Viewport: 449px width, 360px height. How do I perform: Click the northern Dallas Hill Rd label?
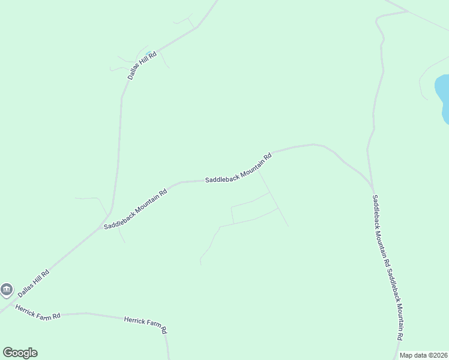pos(142,65)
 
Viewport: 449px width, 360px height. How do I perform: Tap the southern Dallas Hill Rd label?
pos(33,282)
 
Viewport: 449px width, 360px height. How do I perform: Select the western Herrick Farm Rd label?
pos(38,312)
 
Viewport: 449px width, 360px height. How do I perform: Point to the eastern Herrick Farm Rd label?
pos(145,325)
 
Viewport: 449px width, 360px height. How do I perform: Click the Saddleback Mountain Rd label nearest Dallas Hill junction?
pos(135,209)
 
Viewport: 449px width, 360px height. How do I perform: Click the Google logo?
pos(20,353)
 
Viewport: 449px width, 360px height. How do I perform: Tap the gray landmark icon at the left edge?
pos(7,290)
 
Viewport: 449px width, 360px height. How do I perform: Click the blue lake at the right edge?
pos(443,96)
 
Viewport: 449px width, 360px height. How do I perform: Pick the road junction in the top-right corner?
pos(408,11)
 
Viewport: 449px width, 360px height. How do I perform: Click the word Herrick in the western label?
pos(26,308)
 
